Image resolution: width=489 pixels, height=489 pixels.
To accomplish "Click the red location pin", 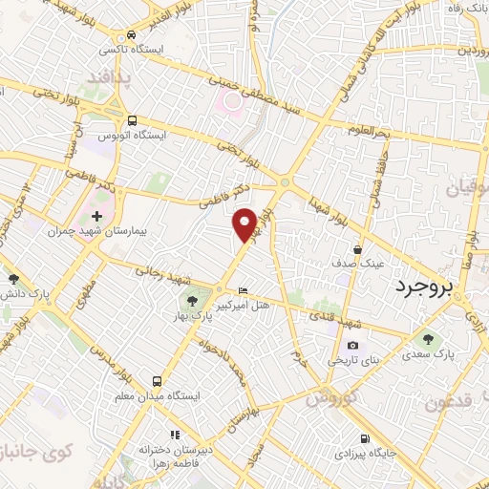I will (245, 223).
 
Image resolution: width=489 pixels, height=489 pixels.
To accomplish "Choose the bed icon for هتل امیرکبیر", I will (243, 289).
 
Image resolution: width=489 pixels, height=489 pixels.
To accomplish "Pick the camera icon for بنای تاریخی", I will (352, 345).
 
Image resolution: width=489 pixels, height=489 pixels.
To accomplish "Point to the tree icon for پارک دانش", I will (13, 279).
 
